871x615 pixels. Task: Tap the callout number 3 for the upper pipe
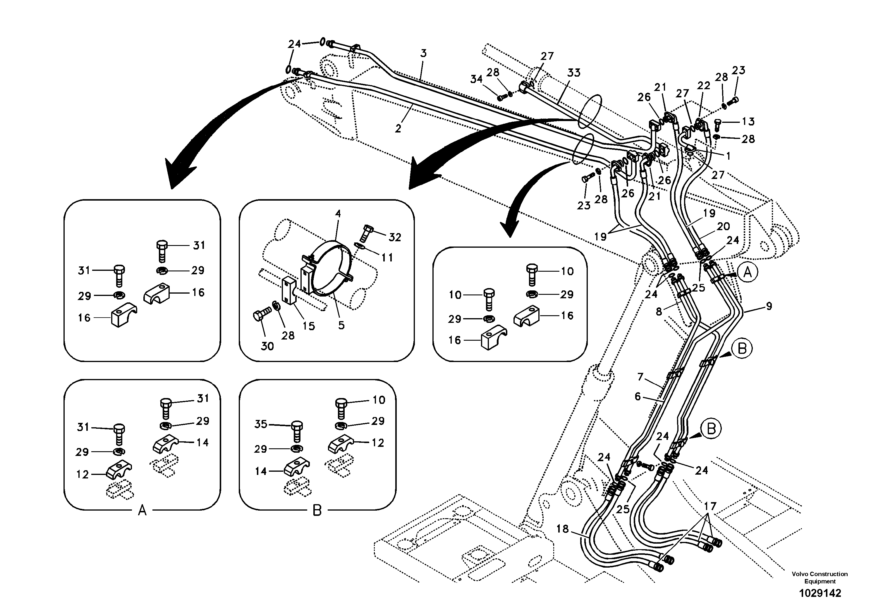pyautogui.click(x=423, y=54)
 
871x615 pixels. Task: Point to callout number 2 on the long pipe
pyautogui.click(x=398, y=129)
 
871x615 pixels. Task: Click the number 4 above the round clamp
pyautogui.click(x=338, y=213)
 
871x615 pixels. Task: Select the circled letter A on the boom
pyautogui.click(x=747, y=272)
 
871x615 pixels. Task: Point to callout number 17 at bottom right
pyautogui.click(x=710, y=506)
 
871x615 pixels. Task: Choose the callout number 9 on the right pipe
pyautogui.click(x=769, y=306)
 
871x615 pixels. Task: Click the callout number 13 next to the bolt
pyautogui.click(x=748, y=121)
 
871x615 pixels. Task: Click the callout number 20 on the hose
pyautogui.click(x=723, y=226)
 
